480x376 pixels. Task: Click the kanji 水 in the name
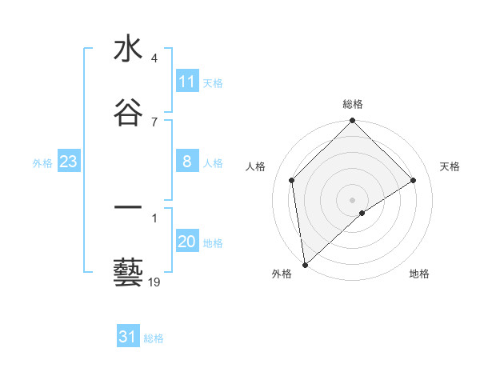(x=128, y=50)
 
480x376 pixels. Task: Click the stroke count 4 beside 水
(x=154, y=59)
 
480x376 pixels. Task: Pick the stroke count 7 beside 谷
(x=154, y=122)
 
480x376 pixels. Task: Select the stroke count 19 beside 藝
(x=154, y=282)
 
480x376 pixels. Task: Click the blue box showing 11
(x=186, y=82)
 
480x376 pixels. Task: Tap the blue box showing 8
(x=186, y=162)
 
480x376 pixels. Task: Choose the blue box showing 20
(x=186, y=242)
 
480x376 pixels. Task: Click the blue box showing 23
(x=68, y=162)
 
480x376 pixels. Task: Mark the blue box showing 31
(x=128, y=337)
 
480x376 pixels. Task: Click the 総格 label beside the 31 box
(x=154, y=338)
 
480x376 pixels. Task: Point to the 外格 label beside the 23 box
(x=42, y=163)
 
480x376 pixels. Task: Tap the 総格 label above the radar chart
(x=352, y=104)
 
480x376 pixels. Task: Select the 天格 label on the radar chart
(x=450, y=166)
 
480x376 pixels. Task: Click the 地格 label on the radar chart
(x=419, y=274)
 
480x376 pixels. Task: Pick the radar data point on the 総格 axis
(x=352, y=122)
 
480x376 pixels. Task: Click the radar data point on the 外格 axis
(x=305, y=265)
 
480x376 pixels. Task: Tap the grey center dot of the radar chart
(x=352, y=199)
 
